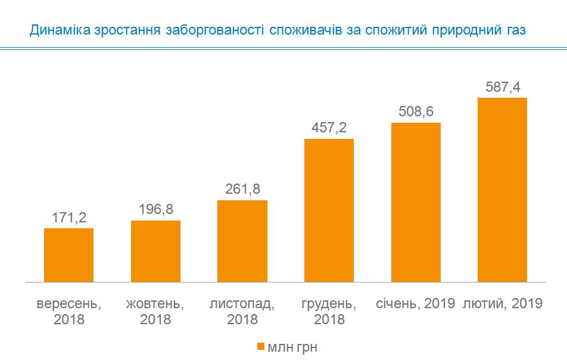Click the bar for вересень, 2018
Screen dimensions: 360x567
pyautogui.click(x=68, y=255)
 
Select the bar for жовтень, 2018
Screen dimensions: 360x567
pyautogui.click(x=155, y=250)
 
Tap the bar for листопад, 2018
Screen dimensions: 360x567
pyautogui.click(x=242, y=240)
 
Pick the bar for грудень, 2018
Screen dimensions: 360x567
pyautogui.click(x=329, y=210)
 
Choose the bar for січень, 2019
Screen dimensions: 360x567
pyautogui.click(x=416, y=201)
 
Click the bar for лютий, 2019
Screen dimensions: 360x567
pyautogui.click(x=503, y=189)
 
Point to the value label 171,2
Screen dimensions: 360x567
pyautogui.click(x=68, y=217)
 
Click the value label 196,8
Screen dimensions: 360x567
pyautogui.click(x=155, y=209)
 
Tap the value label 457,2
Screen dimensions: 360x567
pyautogui.click(x=329, y=128)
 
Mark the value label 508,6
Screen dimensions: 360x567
pyautogui.click(x=416, y=111)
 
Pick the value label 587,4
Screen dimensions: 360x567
pyautogui.click(x=503, y=86)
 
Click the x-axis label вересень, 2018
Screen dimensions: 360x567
pyautogui.click(x=68, y=311)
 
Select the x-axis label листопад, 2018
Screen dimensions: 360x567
pyautogui.click(x=242, y=311)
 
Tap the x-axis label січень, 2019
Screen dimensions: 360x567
pyautogui.click(x=416, y=303)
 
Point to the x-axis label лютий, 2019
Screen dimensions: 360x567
pyautogui.click(x=503, y=303)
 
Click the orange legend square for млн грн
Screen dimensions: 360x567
pyautogui.click(x=260, y=347)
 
